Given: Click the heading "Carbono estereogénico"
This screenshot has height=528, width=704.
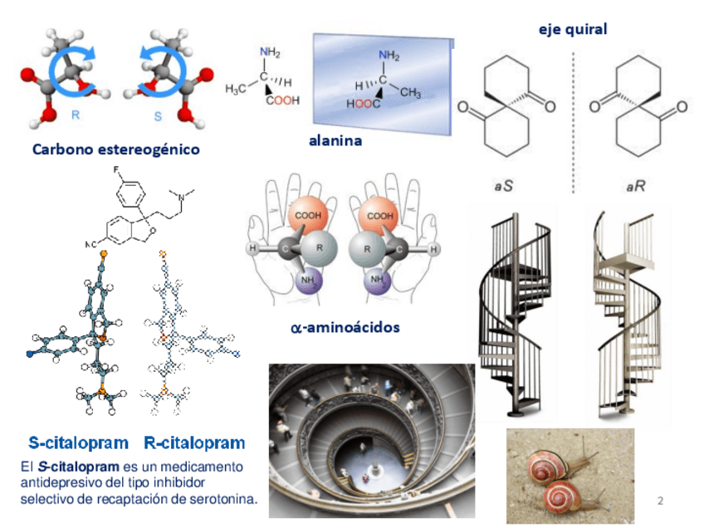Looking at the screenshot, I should (115, 150).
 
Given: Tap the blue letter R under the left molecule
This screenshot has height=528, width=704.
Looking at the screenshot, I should (75, 115).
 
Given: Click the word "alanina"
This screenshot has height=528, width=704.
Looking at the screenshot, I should (335, 140).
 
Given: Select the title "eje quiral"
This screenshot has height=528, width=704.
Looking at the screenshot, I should (573, 30).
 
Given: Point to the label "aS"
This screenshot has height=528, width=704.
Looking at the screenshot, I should (503, 187).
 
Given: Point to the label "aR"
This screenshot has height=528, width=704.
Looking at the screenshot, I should (636, 187).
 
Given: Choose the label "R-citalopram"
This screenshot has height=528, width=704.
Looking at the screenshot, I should (194, 442).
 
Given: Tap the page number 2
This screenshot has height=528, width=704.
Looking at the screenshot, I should (660, 500).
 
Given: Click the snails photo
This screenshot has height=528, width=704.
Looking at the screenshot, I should (570, 476).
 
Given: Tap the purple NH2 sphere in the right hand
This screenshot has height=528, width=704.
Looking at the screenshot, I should (381, 278).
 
